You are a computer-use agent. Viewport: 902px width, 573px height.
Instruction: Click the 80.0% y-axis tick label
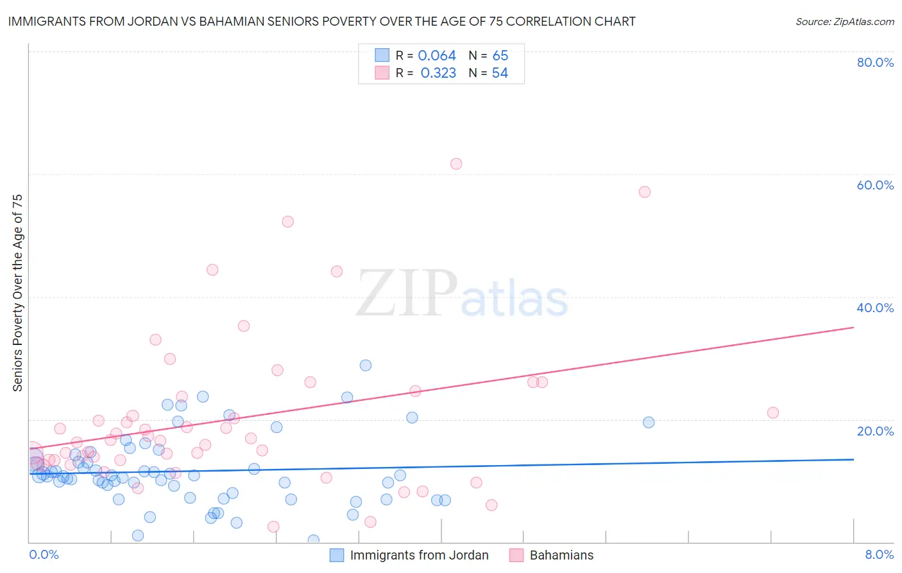coord(875,62)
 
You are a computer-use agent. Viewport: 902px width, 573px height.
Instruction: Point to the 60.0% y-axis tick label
coord(875,185)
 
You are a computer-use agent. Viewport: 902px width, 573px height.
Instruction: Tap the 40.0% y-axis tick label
coord(875,308)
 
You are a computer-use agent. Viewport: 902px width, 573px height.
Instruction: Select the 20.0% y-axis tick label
coord(875,431)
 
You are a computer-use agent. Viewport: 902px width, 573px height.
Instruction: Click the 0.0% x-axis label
coord(44,554)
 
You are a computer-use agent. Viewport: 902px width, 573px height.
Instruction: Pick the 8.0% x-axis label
coord(879,554)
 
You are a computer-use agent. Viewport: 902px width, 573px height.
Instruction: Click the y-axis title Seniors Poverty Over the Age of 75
coord(17,293)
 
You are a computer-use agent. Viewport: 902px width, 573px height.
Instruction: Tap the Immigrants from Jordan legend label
coord(419,555)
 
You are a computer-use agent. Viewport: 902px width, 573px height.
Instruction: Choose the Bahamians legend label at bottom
coord(561,555)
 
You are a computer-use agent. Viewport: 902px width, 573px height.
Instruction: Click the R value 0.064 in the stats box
coord(437,56)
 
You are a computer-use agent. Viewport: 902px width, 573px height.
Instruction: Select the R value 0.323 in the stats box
coord(438,73)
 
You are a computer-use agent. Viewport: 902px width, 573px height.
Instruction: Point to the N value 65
coord(500,56)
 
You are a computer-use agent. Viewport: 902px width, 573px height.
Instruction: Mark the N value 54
coord(500,73)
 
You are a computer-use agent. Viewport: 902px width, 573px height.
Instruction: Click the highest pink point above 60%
coord(456,164)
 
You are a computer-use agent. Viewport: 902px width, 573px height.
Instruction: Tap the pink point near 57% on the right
coord(645,192)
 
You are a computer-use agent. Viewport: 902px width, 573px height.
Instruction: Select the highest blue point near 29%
coord(366,366)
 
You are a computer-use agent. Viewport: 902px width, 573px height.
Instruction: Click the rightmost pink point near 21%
coord(773,413)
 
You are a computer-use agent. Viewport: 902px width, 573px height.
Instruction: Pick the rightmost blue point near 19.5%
coord(649,423)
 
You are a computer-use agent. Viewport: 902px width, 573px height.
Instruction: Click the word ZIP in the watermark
coord(407,294)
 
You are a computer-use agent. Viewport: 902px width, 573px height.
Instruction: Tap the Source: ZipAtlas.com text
coord(844,22)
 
